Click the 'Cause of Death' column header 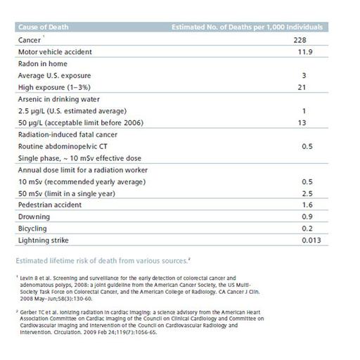pyautogui.click(x=41, y=27)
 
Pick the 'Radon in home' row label pyautogui.click(x=41, y=63)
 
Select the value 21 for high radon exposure pyautogui.click(x=302, y=87)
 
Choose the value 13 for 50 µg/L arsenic pyautogui.click(x=302, y=123)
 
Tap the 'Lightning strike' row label pyautogui.click(x=44, y=240)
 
